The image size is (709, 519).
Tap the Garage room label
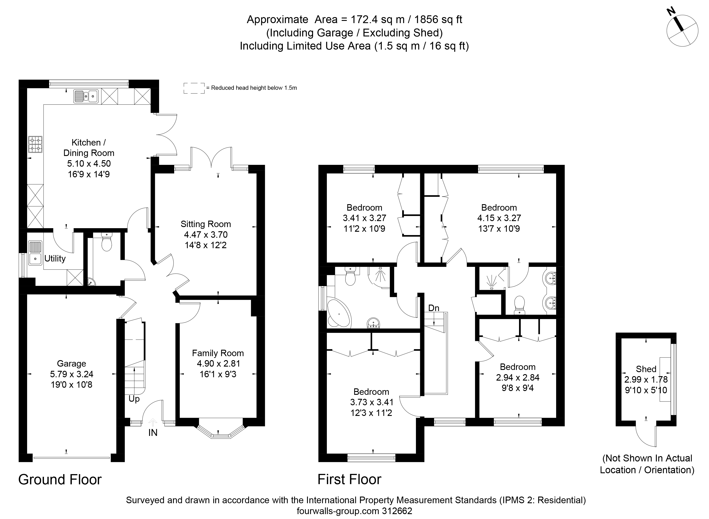click(x=71, y=363)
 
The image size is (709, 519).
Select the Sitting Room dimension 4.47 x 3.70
click(x=206, y=234)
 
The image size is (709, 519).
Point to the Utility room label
click(x=55, y=259)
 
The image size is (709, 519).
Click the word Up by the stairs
click(x=134, y=399)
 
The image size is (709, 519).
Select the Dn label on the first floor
click(x=433, y=308)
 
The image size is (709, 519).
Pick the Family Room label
click(x=218, y=353)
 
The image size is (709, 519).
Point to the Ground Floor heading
click(x=60, y=480)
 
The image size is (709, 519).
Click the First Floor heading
click(x=349, y=480)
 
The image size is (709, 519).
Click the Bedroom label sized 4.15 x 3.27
click(x=499, y=208)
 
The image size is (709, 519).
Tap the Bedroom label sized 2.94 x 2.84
click(x=518, y=367)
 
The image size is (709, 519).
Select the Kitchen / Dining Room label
click(x=89, y=148)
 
